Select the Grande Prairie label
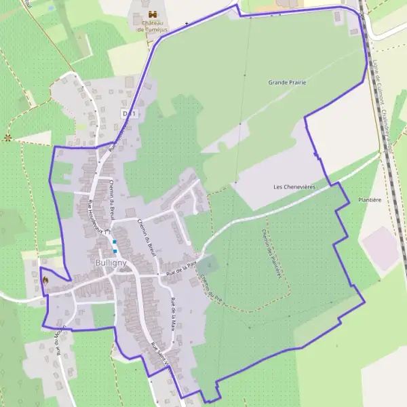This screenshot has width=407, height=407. (x=287, y=82)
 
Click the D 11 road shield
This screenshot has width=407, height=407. (x=129, y=113)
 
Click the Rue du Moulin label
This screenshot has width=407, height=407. (x=62, y=339)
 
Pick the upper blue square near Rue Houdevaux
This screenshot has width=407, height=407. (x=115, y=242)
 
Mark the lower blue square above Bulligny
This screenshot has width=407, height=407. (x=115, y=251)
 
